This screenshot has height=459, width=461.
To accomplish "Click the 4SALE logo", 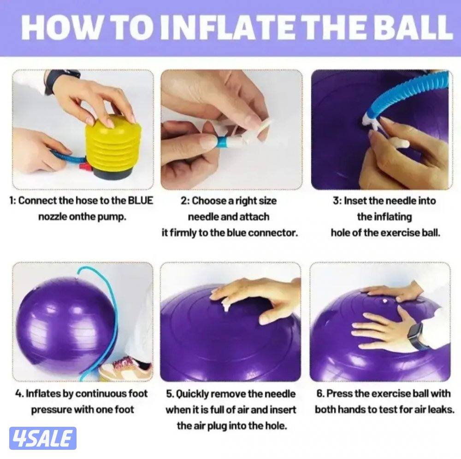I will (42, 438).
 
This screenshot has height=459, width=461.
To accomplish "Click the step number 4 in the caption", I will (18, 394).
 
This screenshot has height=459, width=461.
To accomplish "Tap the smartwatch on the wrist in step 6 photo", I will (417, 335).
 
